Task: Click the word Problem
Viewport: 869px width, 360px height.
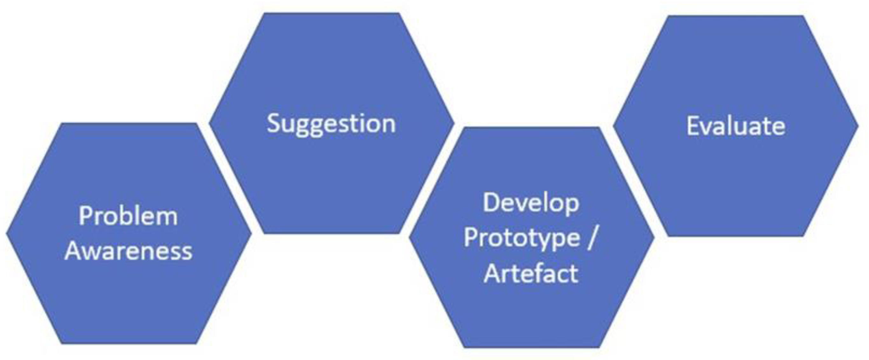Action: [128, 216]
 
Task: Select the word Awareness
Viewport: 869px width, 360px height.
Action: [128, 251]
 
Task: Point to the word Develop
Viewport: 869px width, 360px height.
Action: [531, 204]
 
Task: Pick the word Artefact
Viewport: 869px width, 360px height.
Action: [531, 273]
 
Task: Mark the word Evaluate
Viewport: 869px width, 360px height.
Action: [736, 126]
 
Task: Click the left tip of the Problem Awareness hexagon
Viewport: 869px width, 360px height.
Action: [6, 233]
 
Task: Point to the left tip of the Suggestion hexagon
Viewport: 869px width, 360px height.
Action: [209, 123]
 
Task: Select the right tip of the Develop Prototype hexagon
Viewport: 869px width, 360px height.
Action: [654, 238]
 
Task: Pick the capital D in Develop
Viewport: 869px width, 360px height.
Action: [491, 203]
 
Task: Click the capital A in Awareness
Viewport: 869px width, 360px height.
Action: [74, 251]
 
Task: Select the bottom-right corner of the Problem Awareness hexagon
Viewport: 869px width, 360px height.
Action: [197, 344]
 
